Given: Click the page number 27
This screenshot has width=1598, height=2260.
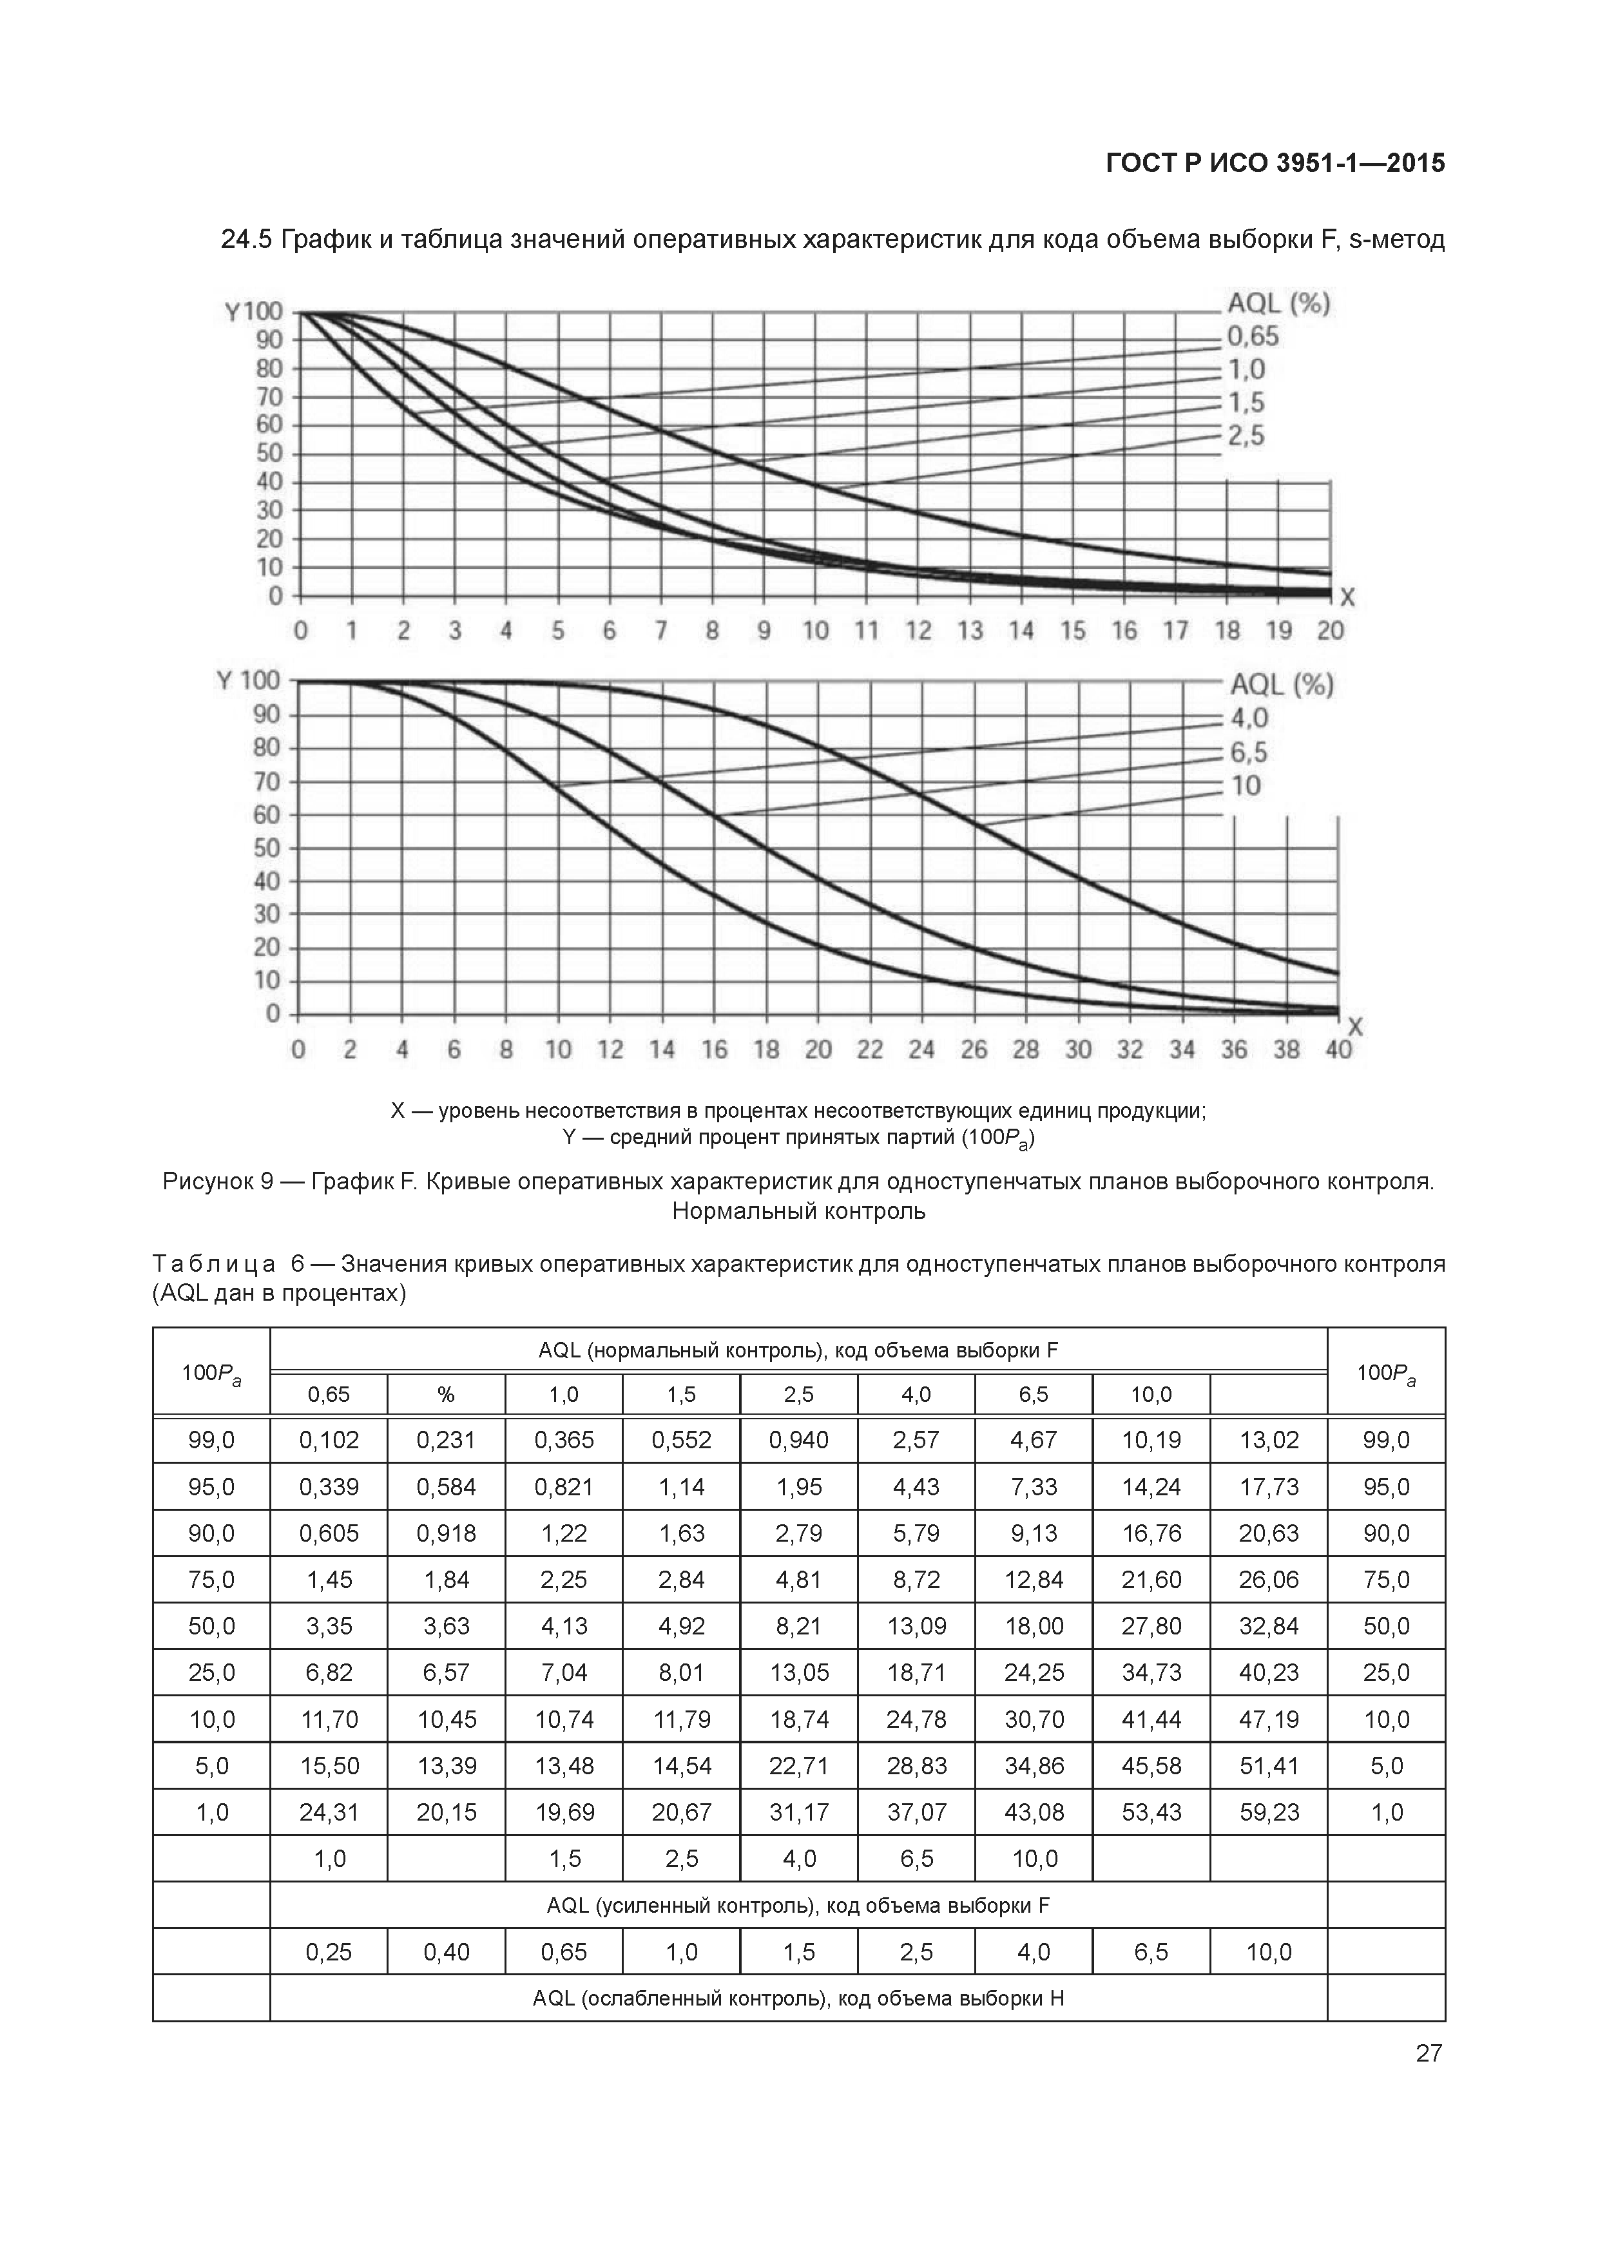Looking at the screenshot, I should tap(1429, 2053).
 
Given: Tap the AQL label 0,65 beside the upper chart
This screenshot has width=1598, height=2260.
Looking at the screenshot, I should tap(1253, 337).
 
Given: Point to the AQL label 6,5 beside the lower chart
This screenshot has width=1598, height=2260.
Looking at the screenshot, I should tap(1249, 753).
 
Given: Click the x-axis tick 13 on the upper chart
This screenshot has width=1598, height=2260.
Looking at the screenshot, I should tap(970, 631).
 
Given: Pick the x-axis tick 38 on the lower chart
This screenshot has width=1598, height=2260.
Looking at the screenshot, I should tap(1286, 1050).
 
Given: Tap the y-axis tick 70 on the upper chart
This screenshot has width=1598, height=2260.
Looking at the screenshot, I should tap(269, 397).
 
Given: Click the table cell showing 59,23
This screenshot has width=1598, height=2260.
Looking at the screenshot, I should tap(1269, 1812).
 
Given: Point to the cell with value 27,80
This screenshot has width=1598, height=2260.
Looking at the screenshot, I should tap(1151, 1626).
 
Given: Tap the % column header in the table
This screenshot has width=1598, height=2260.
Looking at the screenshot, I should tap(446, 1395).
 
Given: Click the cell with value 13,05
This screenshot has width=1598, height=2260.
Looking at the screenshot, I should tap(798, 1672).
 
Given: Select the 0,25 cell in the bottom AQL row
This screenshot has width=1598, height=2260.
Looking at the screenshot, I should tap(329, 1952).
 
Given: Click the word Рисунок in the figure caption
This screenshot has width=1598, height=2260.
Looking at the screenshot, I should tap(207, 1181).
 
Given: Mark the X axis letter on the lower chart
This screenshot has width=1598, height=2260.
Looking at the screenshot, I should tap(1355, 1028).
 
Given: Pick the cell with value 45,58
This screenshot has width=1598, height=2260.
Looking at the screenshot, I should tap(1151, 1766).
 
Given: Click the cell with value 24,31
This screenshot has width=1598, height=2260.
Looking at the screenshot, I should tap(329, 1812).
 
